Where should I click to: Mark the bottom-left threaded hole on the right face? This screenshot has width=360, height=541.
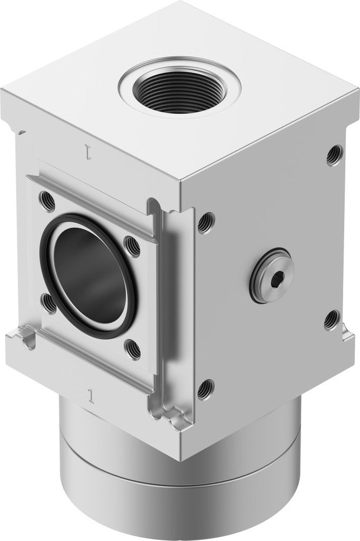pyautogui.click(x=204, y=389)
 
